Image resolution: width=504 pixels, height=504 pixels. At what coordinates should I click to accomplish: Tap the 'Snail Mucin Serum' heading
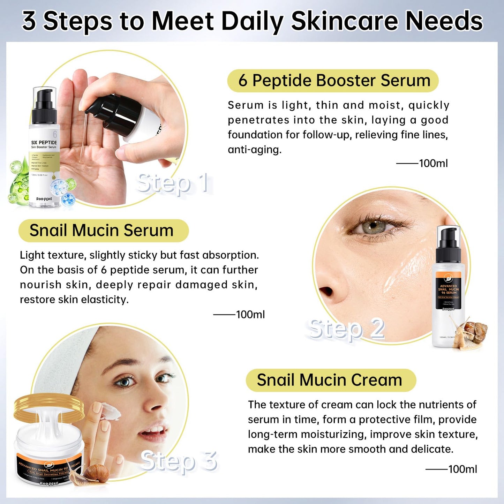[x=101, y=231]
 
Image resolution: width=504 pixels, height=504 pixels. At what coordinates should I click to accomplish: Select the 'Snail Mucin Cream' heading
[x=329, y=380]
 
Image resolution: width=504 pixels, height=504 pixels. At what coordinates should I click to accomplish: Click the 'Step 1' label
[x=173, y=183]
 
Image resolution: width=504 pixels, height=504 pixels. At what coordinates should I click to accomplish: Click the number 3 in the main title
[x=29, y=21]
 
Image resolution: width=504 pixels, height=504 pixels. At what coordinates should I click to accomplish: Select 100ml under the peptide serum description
[x=433, y=163]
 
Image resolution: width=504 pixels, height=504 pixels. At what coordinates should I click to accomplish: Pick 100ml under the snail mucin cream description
[x=462, y=469]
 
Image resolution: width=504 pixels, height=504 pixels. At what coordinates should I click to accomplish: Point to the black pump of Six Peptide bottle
[x=44, y=105]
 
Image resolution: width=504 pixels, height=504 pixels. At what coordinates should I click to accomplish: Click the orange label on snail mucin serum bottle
[x=449, y=289]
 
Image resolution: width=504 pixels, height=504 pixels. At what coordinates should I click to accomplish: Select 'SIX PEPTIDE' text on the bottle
[x=44, y=142]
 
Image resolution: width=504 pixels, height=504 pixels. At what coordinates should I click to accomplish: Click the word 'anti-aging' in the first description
[x=254, y=150]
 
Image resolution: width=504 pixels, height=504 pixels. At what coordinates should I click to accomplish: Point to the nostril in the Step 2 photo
[x=328, y=291]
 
